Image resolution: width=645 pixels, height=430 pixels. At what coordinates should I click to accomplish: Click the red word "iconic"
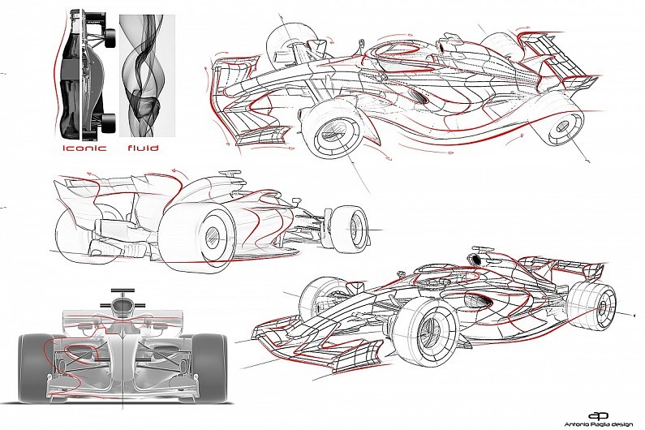[x=84, y=148]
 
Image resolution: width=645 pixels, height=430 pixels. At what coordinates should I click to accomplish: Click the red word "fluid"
[x=143, y=148]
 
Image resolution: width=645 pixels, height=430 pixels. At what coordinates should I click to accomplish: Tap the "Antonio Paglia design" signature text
[x=604, y=424]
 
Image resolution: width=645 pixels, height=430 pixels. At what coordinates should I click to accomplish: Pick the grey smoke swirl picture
[x=148, y=75]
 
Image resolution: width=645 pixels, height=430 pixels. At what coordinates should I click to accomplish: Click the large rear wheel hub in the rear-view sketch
[x=212, y=235]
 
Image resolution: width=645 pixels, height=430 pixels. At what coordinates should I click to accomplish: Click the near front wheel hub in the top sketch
[x=333, y=131]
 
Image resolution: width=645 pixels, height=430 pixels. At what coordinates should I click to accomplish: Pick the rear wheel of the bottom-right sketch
[x=592, y=303]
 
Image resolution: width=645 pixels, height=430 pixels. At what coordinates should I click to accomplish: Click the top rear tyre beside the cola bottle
[x=110, y=38]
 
